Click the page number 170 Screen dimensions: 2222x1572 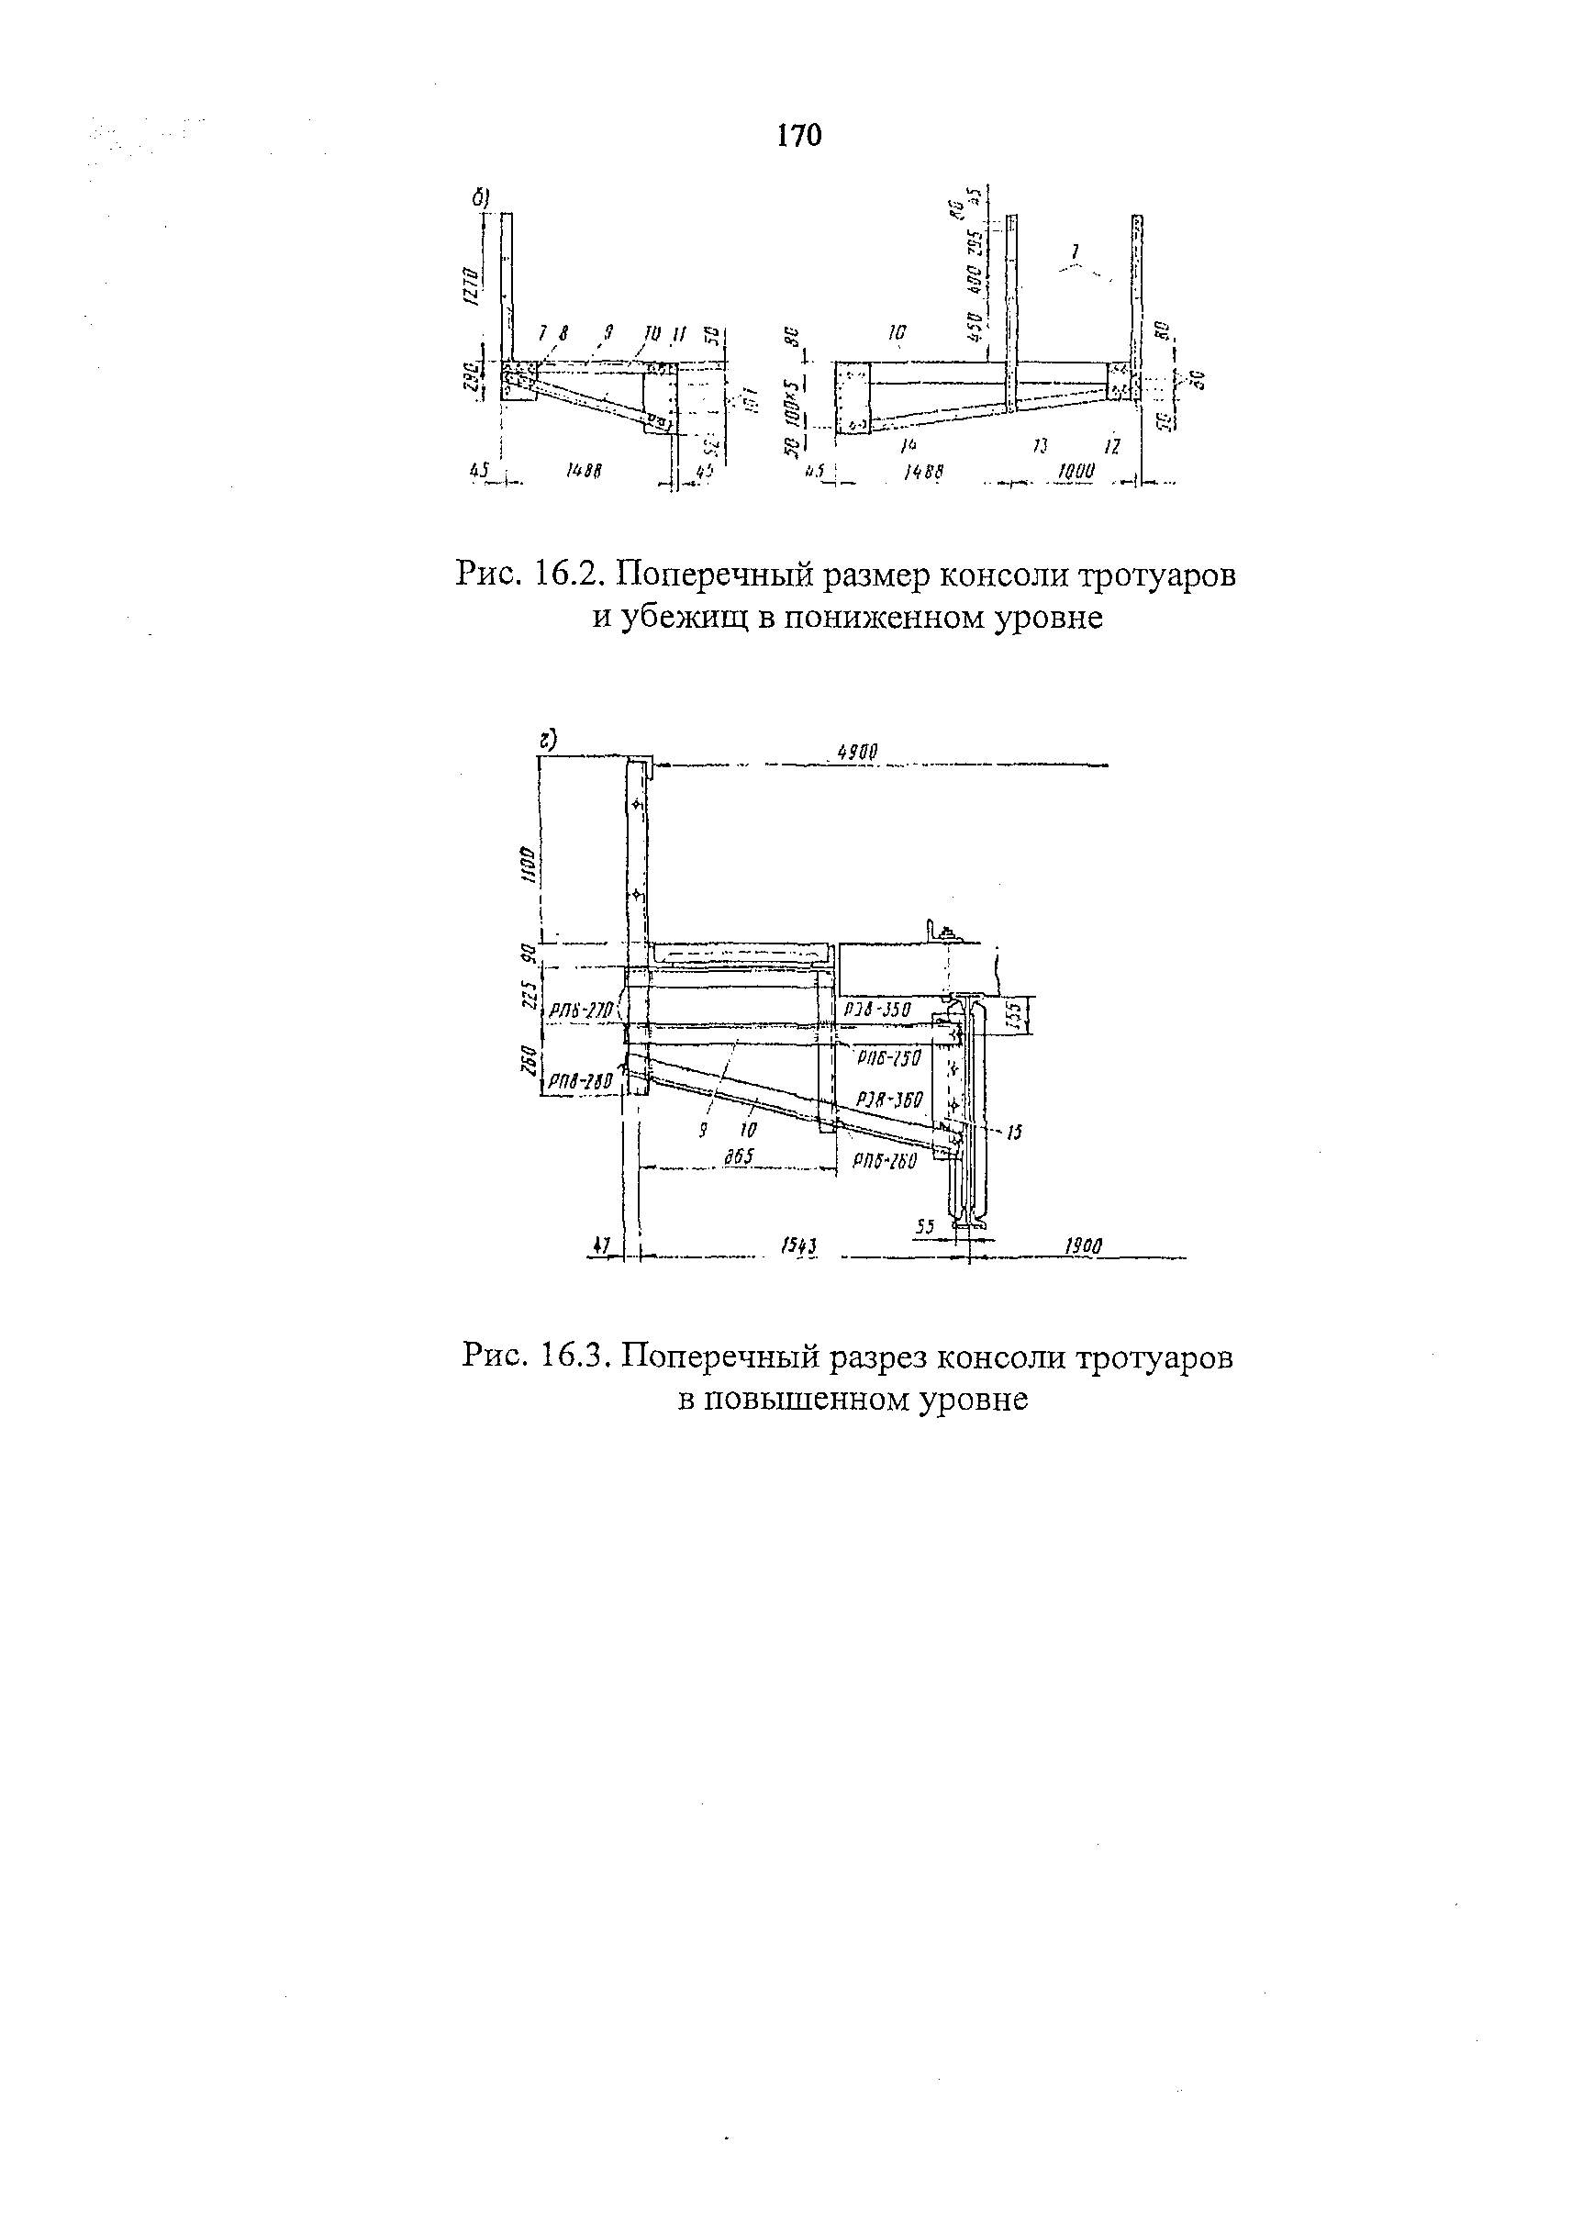click(x=798, y=136)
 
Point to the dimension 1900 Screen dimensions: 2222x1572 click(x=1083, y=1248)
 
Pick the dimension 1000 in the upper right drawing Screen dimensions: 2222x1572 click(x=1076, y=472)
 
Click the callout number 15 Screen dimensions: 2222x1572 click(x=1013, y=1132)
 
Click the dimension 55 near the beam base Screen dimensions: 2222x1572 click(x=925, y=1227)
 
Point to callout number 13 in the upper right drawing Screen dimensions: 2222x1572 click(x=1041, y=444)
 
